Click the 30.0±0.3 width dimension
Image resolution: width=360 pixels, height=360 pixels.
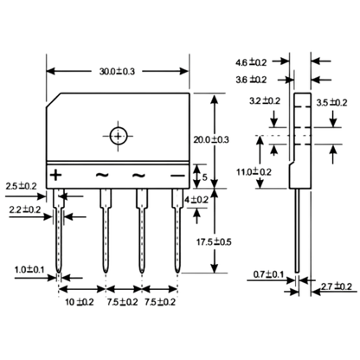pyautogui.click(x=117, y=71)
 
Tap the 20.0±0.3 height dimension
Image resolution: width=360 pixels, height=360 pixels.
pyautogui.click(x=211, y=139)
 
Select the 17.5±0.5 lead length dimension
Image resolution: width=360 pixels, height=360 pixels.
pyautogui.click(x=214, y=241)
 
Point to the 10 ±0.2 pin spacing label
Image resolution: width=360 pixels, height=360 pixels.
pyautogui.click(x=80, y=302)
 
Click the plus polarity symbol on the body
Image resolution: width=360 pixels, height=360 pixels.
pyautogui.click(x=55, y=175)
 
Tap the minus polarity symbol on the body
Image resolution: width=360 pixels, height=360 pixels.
pyautogui.click(x=177, y=176)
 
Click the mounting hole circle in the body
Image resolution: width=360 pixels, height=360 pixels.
pyautogui.click(x=119, y=136)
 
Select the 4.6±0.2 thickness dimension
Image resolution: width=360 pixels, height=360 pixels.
pyautogui.click(x=251, y=62)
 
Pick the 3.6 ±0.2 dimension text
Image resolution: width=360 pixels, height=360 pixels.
pyautogui.click(x=251, y=80)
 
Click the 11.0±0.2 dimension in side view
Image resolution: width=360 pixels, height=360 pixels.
pyautogui.click(x=254, y=172)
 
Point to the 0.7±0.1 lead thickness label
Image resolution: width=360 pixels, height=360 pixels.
pyautogui.click(x=268, y=274)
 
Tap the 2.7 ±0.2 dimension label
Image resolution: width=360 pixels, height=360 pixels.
pyautogui.click(x=337, y=286)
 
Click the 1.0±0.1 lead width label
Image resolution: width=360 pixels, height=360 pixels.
pyautogui.click(x=29, y=270)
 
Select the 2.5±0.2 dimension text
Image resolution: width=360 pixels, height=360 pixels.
pyautogui.click(x=22, y=186)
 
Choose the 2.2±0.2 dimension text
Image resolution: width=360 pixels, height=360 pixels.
pyautogui.click(x=25, y=209)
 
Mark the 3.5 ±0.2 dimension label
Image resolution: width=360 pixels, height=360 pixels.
pyautogui.click(x=331, y=102)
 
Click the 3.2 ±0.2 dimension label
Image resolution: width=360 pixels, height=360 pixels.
pyautogui.click(x=265, y=100)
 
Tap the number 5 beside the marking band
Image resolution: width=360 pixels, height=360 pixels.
pyautogui.click(x=204, y=177)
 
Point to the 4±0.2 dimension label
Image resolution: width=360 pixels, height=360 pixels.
pyautogui.click(x=196, y=199)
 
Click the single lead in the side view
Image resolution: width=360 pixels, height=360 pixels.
pyautogui.click(x=297, y=230)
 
